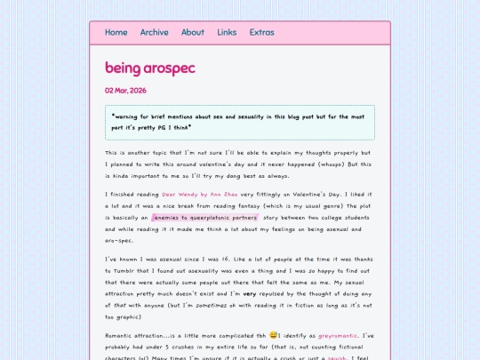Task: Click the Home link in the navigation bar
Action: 116,33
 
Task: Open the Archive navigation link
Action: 154,33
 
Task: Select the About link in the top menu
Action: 193,33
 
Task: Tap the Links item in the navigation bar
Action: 227,33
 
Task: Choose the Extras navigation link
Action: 261,33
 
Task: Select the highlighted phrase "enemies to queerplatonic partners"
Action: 205,217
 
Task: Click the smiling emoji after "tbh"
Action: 274,336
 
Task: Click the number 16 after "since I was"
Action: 213,259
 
